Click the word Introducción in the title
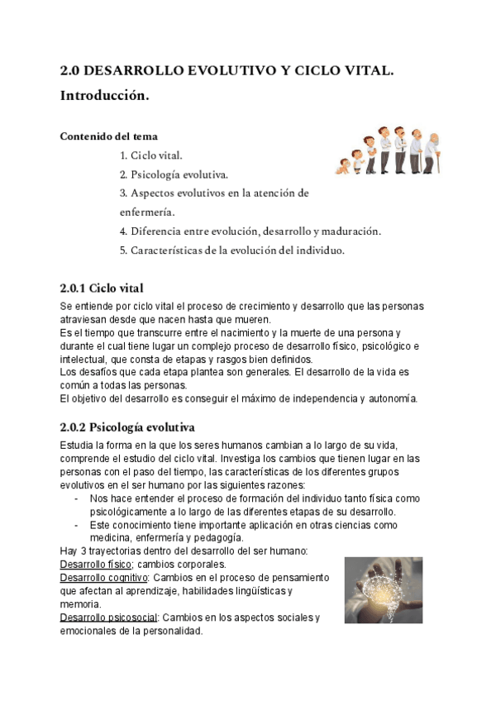105,97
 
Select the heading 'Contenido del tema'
108,136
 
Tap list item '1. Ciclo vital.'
151,155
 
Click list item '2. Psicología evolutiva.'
174,174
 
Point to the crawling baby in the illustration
342,165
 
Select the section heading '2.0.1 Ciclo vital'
102,288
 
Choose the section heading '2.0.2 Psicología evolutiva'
127,427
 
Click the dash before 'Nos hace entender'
77,498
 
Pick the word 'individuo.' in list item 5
317,250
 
